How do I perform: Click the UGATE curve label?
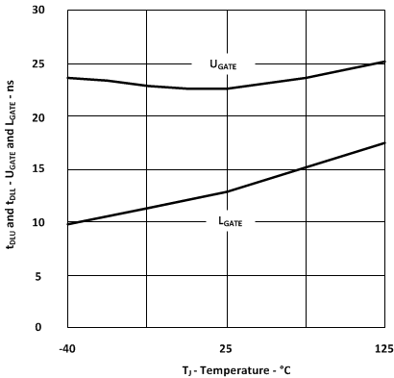pyautogui.click(x=222, y=65)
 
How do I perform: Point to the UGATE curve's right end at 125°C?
pyautogui.click(x=384, y=62)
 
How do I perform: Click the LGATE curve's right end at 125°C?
pyautogui.click(x=384, y=142)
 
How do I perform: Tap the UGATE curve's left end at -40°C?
pyautogui.click(x=67, y=78)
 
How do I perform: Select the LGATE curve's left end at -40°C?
pyautogui.click(x=67, y=224)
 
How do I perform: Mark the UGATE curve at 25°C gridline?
pyautogui.click(x=227, y=88)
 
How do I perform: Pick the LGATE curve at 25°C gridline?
pyautogui.click(x=227, y=191)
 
